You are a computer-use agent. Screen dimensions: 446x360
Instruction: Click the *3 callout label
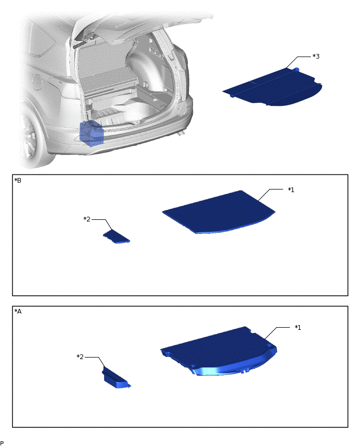coord(316,56)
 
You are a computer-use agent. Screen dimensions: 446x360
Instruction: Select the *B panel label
coord(18,181)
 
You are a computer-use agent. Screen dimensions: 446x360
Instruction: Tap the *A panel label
coord(18,311)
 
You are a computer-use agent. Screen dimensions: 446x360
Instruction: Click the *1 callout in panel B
coord(291,189)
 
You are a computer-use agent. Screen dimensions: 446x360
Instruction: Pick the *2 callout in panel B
coord(87,219)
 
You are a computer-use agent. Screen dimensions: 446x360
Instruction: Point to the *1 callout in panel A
coord(297,327)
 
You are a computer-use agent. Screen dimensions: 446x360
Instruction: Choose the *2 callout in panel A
coord(80,356)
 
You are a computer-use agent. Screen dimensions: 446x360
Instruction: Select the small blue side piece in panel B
coord(116,237)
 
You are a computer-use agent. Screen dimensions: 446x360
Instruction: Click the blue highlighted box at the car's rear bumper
coord(92,133)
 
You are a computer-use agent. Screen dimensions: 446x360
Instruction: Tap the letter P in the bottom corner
coord(2,443)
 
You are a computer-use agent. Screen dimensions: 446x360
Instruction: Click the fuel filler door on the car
coord(37,82)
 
